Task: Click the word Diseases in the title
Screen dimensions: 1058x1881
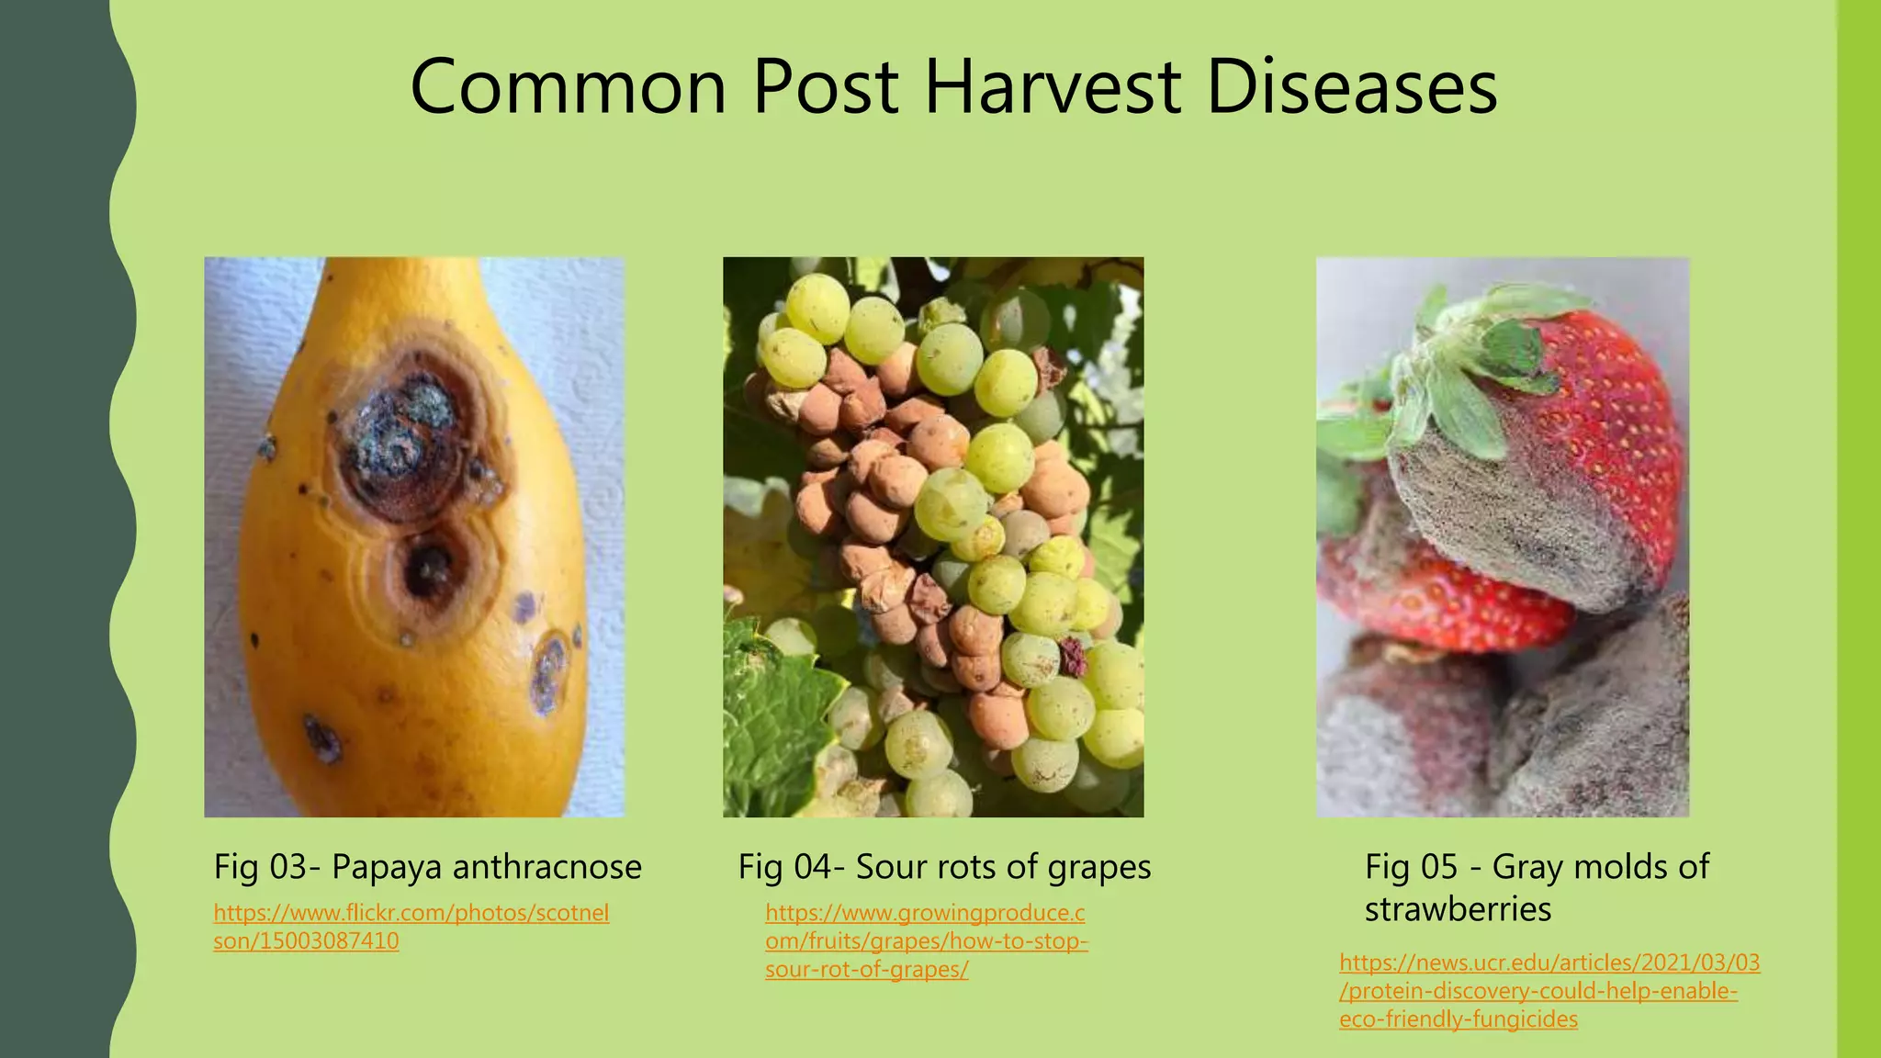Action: pos(1350,87)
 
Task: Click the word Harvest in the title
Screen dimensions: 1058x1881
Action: pos(1053,87)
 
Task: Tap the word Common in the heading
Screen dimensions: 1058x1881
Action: pos(568,87)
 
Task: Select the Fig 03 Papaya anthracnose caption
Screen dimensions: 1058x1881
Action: pos(427,866)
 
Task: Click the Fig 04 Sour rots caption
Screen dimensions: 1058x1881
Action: pos(944,866)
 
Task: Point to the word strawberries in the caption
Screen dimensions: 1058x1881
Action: pos(1458,909)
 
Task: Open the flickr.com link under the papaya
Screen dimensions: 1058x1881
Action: pos(411,927)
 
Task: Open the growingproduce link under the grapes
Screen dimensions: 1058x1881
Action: pos(926,941)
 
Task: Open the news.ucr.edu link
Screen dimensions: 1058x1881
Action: pos(1549,991)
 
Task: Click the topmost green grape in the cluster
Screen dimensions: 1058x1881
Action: pos(817,308)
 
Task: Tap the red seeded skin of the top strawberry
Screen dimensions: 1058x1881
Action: pos(1616,413)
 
